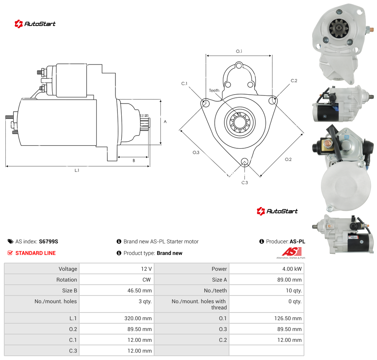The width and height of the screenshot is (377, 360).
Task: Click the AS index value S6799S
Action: pyautogui.click(x=49, y=241)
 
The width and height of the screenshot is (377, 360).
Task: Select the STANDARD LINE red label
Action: pyautogui.click(x=36, y=253)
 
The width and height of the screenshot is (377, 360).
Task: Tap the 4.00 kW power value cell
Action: pyautogui.click(x=267, y=269)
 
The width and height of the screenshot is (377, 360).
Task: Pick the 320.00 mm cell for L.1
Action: pyautogui.click(x=117, y=318)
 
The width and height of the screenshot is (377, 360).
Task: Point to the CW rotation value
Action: pyautogui.click(x=146, y=280)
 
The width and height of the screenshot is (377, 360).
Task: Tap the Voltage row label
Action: pyautogui.click(x=68, y=269)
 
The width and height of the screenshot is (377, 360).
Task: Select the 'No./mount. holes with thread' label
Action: pyautogui.click(x=199, y=304)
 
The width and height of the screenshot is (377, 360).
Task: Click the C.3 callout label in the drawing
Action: pyautogui.click(x=245, y=183)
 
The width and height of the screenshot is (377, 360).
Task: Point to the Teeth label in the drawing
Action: pyautogui.click(x=214, y=90)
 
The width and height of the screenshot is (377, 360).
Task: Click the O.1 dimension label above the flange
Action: pyautogui.click(x=239, y=51)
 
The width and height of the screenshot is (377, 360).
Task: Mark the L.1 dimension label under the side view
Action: pyautogui.click(x=77, y=170)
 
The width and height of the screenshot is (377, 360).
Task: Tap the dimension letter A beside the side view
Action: pyautogui.click(x=165, y=122)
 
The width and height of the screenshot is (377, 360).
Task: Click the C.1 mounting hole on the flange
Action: pyautogui.click(x=205, y=104)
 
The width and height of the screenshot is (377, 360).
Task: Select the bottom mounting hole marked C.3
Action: pyautogui.click(x=245, y=161)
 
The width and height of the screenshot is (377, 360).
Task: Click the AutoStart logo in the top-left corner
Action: pyautogui.click(x=35, y=24)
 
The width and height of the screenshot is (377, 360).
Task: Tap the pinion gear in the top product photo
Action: pyautogui.click(x=339, y=29)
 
